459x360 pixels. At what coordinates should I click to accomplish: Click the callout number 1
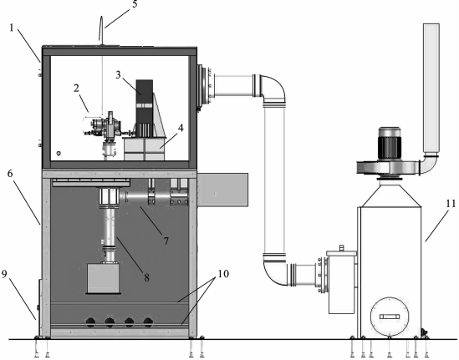click(12, 28)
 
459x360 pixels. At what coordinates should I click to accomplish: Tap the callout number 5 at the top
click(135, 4)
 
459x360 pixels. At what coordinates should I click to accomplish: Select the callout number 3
click(118, 75)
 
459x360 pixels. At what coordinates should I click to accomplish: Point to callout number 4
click(181, 128)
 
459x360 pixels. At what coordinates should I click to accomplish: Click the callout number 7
click(166, 241)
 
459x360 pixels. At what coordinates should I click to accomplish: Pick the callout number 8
click(146, 277)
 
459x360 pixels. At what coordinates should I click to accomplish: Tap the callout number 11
click(451, 204)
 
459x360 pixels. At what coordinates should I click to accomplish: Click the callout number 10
click(223, 274)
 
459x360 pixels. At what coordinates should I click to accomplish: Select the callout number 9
click(4, 274)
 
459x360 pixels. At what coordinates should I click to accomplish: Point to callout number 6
click(10, 174)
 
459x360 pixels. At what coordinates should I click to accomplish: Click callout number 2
click(76, 88)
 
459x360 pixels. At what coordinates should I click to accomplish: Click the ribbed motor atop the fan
click(390, 144)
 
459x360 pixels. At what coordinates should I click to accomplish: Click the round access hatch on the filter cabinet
click(390, 317)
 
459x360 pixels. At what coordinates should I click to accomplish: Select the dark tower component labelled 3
click(145, 109)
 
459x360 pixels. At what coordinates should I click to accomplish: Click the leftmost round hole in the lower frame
click(90, 322)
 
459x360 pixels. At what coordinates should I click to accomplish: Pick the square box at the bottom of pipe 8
click(103, 279)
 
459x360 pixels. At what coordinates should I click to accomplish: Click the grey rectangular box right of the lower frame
click(222, 190)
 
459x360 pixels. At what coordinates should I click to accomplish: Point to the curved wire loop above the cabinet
click(101, 28)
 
